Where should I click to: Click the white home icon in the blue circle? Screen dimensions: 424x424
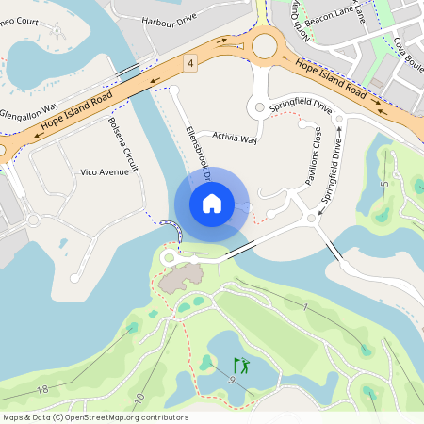[211, 203]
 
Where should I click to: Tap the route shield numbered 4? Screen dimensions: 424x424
[190, 63]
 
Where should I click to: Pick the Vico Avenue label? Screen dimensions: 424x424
[105, 172]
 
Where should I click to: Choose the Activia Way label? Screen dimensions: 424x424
[235, 138]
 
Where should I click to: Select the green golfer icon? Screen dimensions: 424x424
[242, 365]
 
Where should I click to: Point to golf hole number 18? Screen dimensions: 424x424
[42, 389]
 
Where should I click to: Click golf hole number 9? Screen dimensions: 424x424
[230, 380]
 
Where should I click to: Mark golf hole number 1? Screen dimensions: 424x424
[306, 308]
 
